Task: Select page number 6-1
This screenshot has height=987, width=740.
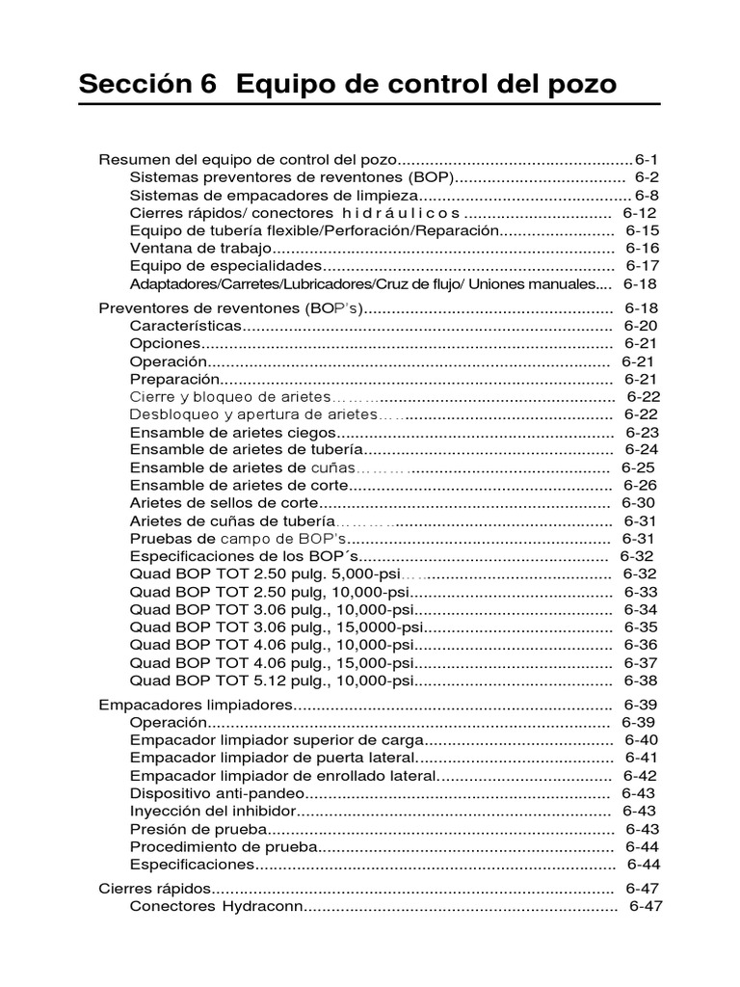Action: (646, 159)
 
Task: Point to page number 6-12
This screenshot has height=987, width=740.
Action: (639, 213)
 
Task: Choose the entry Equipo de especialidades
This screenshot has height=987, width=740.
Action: (224, 265)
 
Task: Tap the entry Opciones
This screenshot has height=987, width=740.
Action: (165, 343)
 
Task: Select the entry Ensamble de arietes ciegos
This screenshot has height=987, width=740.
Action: (233, 433)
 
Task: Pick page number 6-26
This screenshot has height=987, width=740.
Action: (640, 485)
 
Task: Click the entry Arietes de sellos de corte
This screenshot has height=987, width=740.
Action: (224, 503)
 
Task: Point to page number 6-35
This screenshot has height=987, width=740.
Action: (641, 627)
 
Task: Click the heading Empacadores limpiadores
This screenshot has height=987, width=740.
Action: (196, 705)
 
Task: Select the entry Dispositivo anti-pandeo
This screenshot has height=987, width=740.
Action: (217, 793)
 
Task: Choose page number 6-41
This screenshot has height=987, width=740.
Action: (641, 758)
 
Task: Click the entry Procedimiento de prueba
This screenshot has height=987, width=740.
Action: (223, 846)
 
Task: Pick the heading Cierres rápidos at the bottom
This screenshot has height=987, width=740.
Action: (154, 889)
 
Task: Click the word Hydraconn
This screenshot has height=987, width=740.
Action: (261, 907)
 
